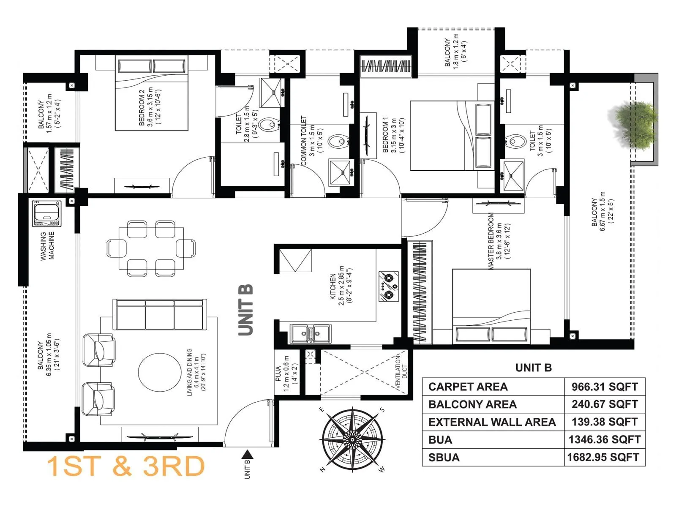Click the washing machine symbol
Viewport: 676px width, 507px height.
click(x=46, y=213)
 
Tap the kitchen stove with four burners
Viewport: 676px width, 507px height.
click(x=388, y=286)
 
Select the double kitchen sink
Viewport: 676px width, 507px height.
click(x=310, y=333)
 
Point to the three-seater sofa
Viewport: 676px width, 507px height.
click(x=160, y=315)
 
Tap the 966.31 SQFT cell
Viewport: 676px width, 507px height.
click(x=604, y=387)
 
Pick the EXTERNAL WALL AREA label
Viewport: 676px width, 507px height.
click(x=492, y=422)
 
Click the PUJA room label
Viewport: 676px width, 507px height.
click(x=278, y=373)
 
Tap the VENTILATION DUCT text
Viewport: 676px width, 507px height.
click(x=401, y=372)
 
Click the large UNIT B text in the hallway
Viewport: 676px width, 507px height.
click(x=245, y=310)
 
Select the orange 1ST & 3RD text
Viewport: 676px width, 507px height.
click(x=125, y=466)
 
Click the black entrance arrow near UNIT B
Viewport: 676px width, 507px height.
click(x=248, y=455)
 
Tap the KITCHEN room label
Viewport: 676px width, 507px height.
click(x=333, y=286)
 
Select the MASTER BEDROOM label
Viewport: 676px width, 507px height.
click(x=491, y=241)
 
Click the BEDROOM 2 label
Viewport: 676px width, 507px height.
click(x=142, y=107)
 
